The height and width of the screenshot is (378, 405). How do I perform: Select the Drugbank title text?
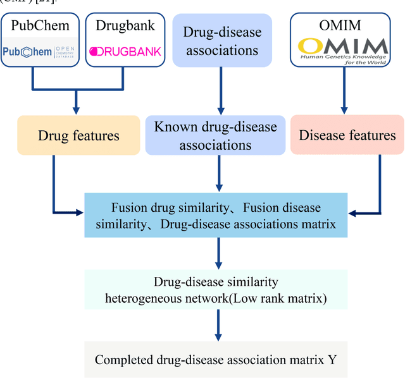point(124,26)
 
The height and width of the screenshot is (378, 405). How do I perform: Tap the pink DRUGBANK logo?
point(124,51)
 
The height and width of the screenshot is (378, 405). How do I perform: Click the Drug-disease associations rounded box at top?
point(222,40)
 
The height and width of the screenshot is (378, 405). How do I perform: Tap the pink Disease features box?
point(347,135)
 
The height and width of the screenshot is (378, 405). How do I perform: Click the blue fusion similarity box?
point(216,216)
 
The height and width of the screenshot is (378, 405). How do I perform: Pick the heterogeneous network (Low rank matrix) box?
point(216,291)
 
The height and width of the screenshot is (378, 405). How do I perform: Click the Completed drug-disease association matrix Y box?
point(216,360)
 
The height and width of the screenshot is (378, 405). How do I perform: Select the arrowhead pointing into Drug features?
point(76,111)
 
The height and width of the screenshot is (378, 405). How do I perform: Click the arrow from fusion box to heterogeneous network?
point(218,253)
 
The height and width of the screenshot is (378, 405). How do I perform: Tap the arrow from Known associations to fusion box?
point(218,174)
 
